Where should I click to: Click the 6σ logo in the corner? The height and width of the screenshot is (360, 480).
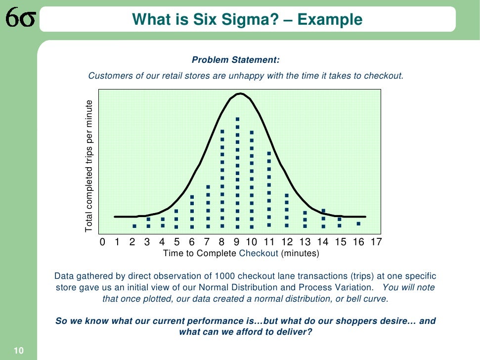20,20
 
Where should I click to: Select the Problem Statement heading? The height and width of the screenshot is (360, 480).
236,60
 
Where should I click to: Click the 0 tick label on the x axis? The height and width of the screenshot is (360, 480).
103,242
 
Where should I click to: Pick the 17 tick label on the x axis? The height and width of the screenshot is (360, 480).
376,242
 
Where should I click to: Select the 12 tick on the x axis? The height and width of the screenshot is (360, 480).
287,242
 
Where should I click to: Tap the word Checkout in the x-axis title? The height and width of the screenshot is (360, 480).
259,253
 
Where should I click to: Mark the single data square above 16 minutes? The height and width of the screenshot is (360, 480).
358,224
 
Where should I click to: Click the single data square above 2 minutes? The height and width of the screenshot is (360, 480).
134,226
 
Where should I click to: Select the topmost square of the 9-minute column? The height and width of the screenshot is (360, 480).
238,119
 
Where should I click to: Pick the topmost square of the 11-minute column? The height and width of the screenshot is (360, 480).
269,153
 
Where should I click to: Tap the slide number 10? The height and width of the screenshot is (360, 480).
18,351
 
